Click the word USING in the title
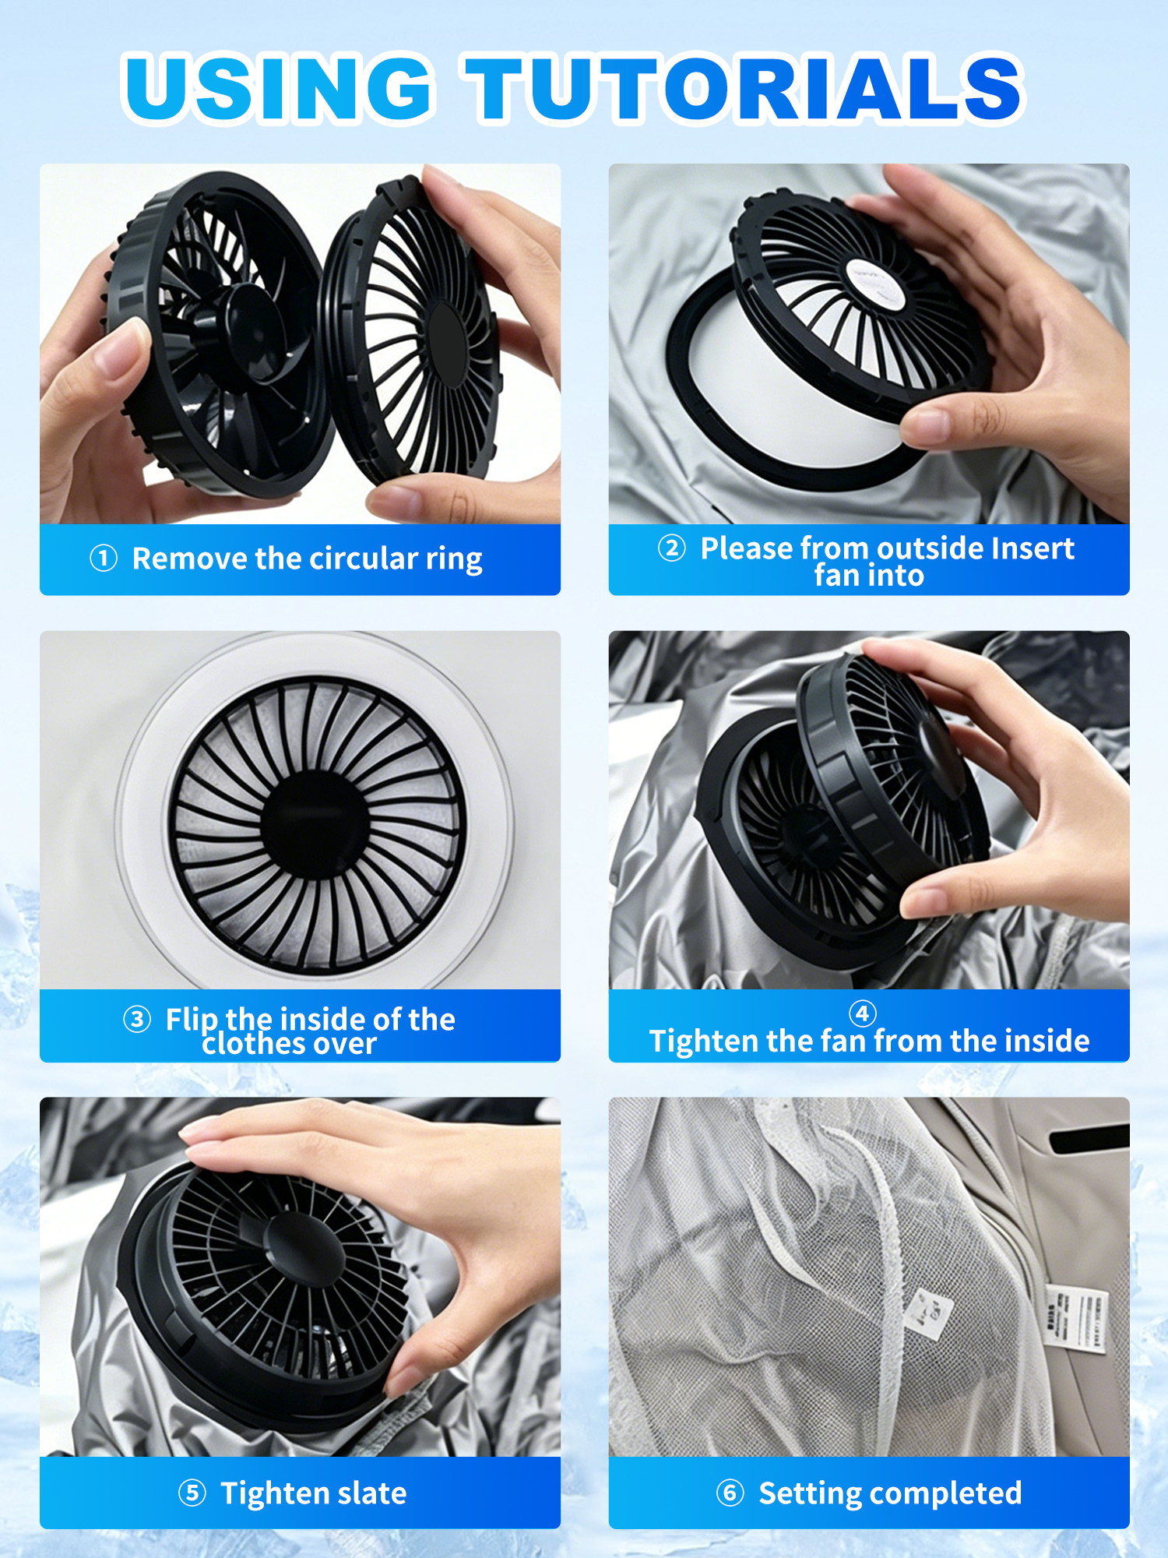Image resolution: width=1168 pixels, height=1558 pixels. coord(278,87)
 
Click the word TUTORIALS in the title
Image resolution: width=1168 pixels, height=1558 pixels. coord(744,87)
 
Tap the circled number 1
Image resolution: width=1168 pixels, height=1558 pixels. coord(104,558)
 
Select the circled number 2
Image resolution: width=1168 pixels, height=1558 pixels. coord(672,548)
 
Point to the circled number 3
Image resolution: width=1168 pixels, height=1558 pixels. coord(137,1019)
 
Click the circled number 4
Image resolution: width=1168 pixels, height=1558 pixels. coord(862,1013)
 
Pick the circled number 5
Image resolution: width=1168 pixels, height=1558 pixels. coord(192,1493)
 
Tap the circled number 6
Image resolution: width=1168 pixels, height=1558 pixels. coord(730,1493)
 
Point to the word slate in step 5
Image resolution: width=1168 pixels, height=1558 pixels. coord(372,1493)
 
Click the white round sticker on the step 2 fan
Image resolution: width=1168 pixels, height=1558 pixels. coord(874,282)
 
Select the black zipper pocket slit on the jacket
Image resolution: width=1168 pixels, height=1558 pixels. coord(1089,1139)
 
